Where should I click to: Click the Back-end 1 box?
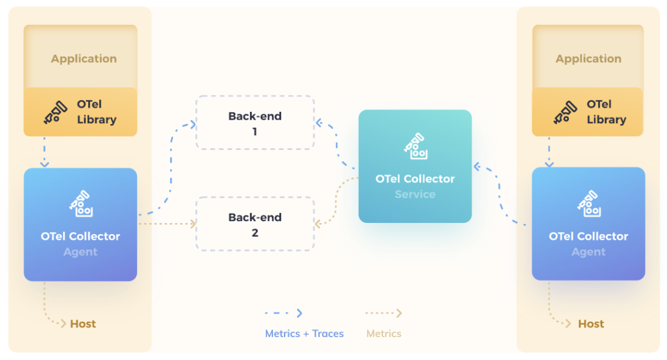point(254,123)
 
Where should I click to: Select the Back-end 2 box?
point(254,224)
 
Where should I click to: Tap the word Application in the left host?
point(84,59)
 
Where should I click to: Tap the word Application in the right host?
point(589,59)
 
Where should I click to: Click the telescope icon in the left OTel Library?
point(55,112)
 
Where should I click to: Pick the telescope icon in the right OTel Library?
point(565,112)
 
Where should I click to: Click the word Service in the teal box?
point(415,195)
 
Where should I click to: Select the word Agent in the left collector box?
point(80,252)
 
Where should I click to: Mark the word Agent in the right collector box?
point(589,252)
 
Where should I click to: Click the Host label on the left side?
point(83,324)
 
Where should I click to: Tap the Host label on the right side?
point(591,324)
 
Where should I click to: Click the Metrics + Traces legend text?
point(304,333)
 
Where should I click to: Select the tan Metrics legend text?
point(384,333)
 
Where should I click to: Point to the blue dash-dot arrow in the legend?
point(283,314)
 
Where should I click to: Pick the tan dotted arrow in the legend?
point(384,314)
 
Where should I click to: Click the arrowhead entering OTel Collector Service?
point(476,166)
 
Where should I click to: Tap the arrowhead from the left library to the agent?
point(44,164)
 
